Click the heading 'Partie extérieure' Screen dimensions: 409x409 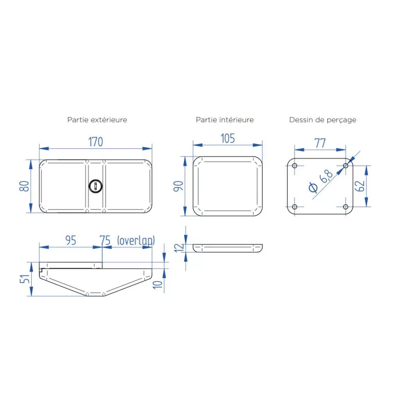pyautogui.click(x=97, y=120)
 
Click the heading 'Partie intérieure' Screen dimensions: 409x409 pyautogui.click(x=224, y=120)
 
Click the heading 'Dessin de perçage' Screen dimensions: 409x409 pyautogui.click(x=323, y=120)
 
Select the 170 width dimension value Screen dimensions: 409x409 pyautogui.click(x=96, y=142)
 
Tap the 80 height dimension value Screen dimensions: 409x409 pyautogui.click(x=24, y=186)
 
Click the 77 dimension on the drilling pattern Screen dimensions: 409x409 pyautogui.click(x=320, y=143)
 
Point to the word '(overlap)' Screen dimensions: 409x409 pyautogui.click(x=136, y=240)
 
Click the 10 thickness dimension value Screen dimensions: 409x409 pyautogui.click(x=158, y=284)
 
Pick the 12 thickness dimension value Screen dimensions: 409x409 pyautogui.click(x=178, y=247)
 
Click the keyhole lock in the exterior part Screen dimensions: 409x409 pyautogui.click(x=95, y=186)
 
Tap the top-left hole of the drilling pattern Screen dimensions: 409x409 pyautogui.click(x=294, y=166)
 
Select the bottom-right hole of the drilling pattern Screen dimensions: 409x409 pyautogui.click(x=346, y=207)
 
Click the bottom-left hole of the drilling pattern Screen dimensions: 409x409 pyautogui.click(x=294, y=207)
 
